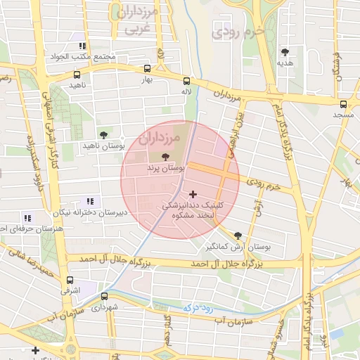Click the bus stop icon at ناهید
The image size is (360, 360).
pos(76,73)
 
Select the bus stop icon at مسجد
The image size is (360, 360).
pos(343,103)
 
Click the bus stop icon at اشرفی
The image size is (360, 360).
pos(69,280)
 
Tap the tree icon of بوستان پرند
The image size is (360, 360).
pos(165,157)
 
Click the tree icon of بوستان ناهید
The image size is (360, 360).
pos(103,134)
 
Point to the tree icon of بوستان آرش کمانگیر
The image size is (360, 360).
pos(238,236)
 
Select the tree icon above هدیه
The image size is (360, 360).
pos(285,51)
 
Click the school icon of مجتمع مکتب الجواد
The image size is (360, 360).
pos(82,46)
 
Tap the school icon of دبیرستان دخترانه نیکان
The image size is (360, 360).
pos(89,201)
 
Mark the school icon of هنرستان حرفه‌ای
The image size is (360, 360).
pos(27,218)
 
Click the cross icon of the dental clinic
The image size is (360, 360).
pos(193,194)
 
